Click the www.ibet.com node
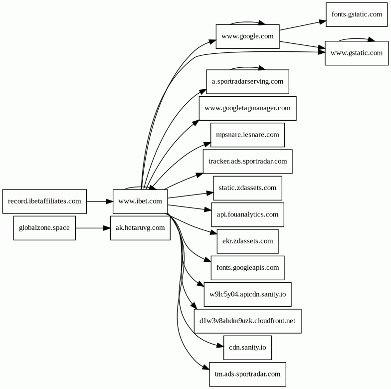click(x=140, y=201)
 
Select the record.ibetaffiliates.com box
click(x=44, y=201)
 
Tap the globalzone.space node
click(x=44, y=228)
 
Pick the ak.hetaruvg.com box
click(x=140, y=228)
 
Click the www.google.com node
click(x=247, y=36)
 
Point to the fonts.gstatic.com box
click(x=357, y=14)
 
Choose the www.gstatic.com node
click(x=357, y=53)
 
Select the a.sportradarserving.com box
click(x=247, y=82)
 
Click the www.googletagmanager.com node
click(x=247, y=108)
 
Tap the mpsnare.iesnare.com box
click(x=247, y=135)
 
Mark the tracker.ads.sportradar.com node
click(x=247, y=162)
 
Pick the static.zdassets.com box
click(x=247, y=188)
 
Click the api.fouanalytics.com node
click(x=247, y=214)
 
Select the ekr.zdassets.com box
click(x=247, y=241)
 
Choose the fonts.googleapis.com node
click(x=247, y=268)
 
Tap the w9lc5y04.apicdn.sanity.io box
click(x=247, y=294)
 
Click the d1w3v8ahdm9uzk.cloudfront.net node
click(x=247, y=321)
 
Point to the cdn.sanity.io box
click(x=247, y=348)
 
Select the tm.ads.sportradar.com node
click(x=247, y=374)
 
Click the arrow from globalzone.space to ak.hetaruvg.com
click(x=93, y=228)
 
